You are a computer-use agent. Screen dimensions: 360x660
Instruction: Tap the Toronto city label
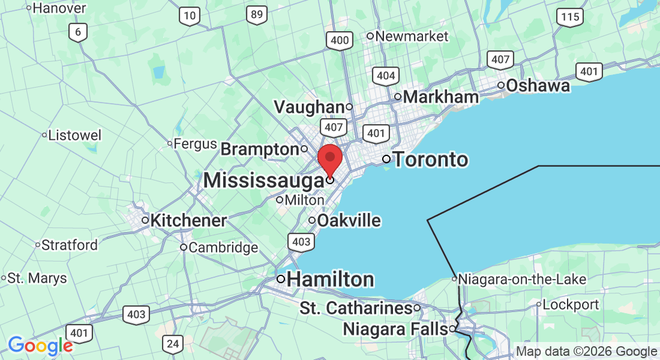(430, 160)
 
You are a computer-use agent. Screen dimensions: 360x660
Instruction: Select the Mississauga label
(263, 179)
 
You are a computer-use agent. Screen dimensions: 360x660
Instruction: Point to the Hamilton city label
(331, 279)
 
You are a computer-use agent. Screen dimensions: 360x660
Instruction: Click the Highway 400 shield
(340, 41)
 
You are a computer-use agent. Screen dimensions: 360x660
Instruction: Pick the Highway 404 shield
(385, 76)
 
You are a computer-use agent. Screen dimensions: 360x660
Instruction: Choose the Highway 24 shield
(173, 344)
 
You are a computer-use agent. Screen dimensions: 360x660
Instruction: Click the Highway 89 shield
(257, 15)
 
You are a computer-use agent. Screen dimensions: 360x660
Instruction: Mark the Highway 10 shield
(190, 17)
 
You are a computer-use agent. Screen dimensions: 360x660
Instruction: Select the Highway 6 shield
(77, 32)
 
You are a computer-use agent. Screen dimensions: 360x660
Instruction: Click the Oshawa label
(538, 86)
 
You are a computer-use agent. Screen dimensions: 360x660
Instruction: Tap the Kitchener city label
(188, 221)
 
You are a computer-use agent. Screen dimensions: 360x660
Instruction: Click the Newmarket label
(412, 36)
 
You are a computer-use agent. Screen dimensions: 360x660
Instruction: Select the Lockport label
(571, 304)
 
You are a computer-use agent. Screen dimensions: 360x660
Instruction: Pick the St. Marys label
(37, 278)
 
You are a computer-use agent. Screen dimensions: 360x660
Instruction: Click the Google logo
(40, 346)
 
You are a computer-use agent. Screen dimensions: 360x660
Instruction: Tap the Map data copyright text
(587, 352)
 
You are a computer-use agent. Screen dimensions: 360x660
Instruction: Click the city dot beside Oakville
(312, 221)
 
